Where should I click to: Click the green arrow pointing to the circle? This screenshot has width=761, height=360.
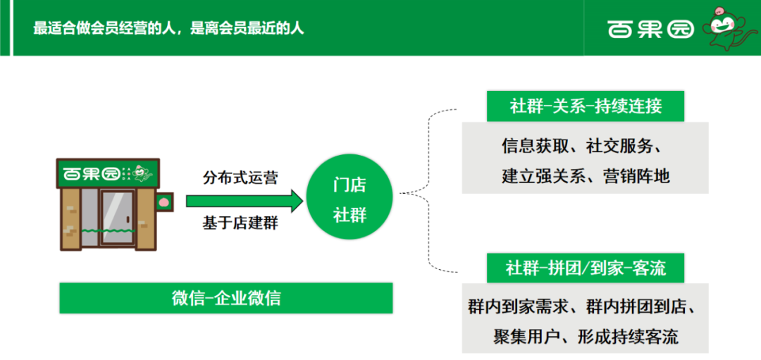click(245, 201)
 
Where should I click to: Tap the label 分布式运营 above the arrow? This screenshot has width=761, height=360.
click(241, 177)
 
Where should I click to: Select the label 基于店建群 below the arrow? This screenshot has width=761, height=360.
click(241, 223)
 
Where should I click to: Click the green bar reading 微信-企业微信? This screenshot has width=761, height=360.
click(226, 298)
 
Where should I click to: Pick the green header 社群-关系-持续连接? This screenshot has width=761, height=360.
click(586, 106)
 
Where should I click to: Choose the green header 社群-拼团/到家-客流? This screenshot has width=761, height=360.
click(586, 268)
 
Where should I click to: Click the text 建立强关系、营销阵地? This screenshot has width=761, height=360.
click(586, 175)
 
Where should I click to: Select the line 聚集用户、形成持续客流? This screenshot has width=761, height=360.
click(586, 337)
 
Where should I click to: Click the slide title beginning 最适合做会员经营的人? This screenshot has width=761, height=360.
click(168, 28)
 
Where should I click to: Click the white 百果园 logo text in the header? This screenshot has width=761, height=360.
click(650, 29)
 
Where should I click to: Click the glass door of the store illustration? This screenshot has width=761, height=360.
click(117, 217)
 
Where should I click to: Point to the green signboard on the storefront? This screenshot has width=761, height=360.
click(108, 173)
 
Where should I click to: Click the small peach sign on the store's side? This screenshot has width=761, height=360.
click(164, 201)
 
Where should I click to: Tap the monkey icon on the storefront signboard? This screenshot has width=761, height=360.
click(142, 173)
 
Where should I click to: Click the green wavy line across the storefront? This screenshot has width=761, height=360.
click(107, 230)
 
